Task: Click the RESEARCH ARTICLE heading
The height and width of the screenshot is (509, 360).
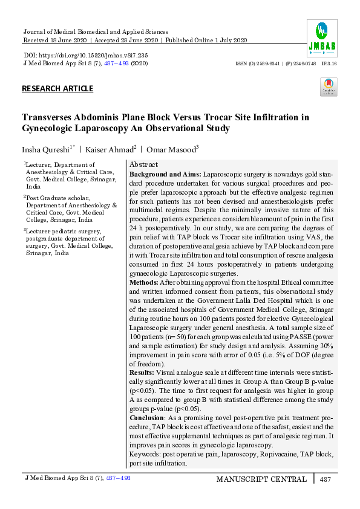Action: tap(57, 89)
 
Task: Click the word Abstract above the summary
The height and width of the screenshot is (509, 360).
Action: tap(143, 164)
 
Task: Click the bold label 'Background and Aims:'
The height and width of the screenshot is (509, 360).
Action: tap(165, 173)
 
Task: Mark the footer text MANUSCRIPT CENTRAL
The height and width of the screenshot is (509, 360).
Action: tap(261, 479)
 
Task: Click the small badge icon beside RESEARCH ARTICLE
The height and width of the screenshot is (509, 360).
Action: tap(329, 87)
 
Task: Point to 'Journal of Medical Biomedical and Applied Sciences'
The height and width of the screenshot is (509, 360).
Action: tap(95, 31)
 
